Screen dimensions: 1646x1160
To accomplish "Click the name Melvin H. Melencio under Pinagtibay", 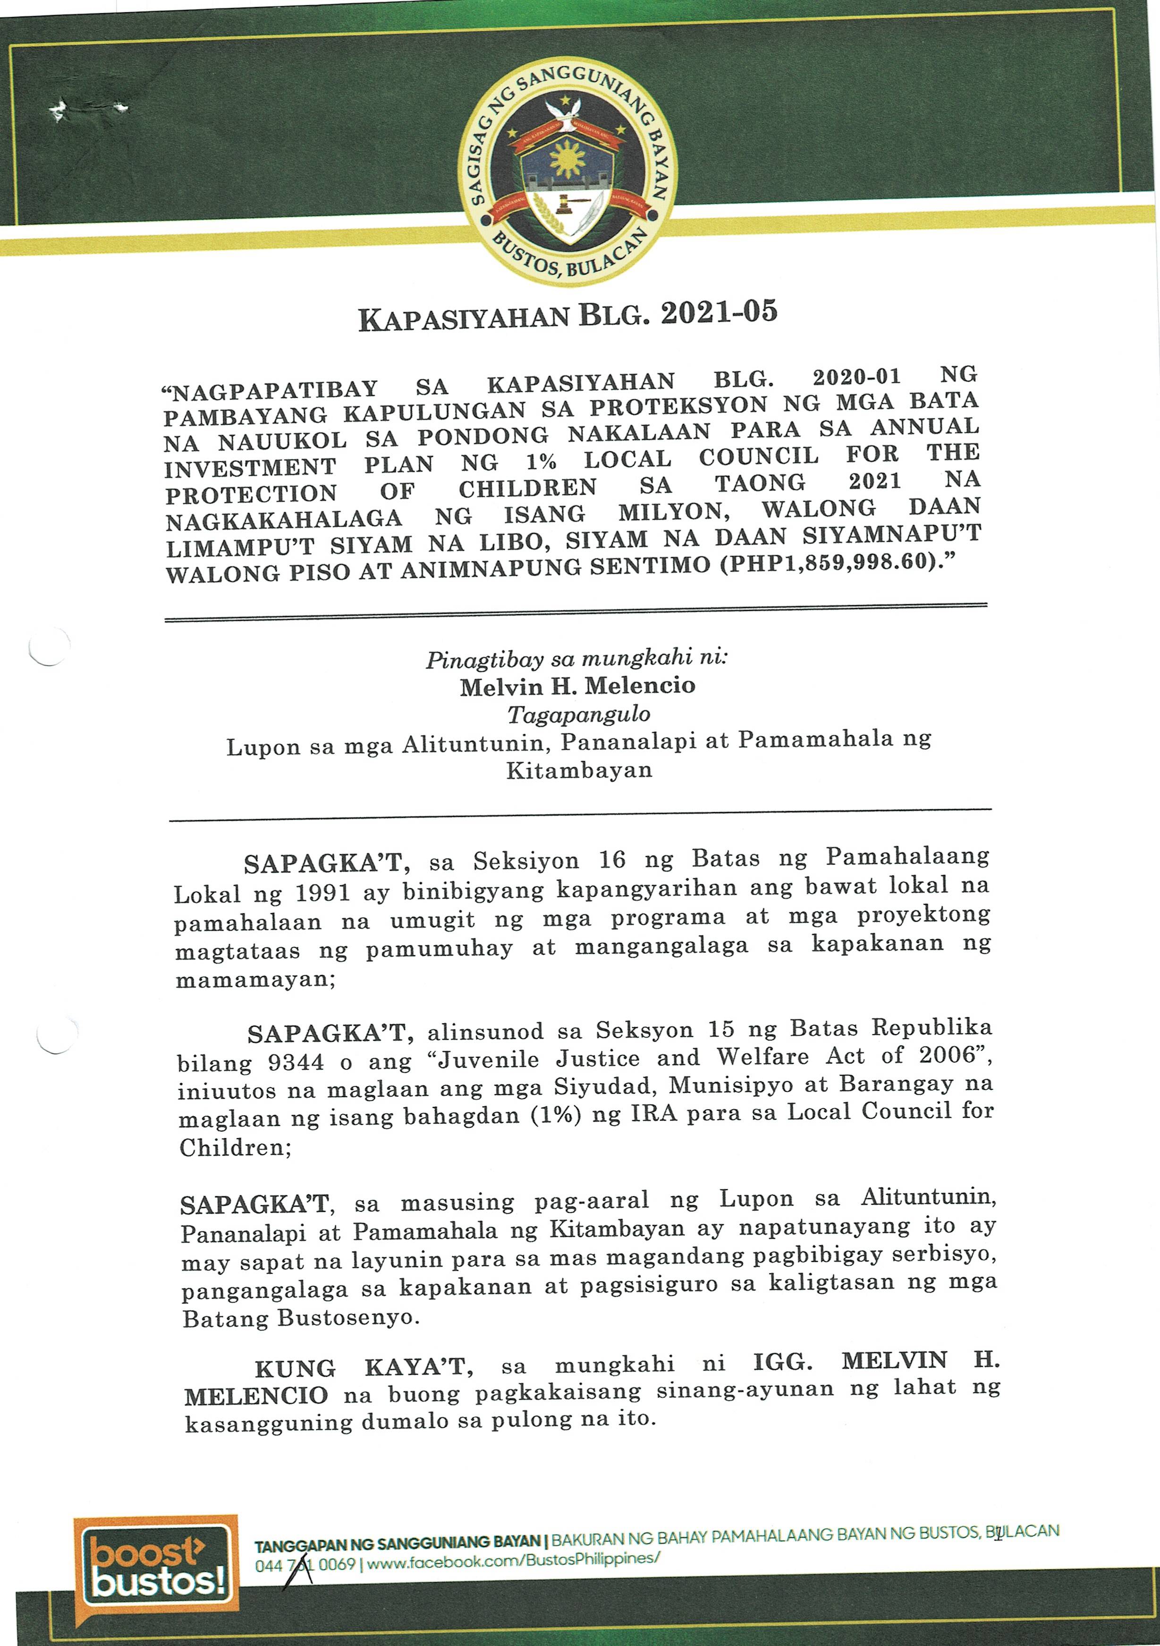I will coord(577,686).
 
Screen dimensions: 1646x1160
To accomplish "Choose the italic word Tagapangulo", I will coord(579,714).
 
